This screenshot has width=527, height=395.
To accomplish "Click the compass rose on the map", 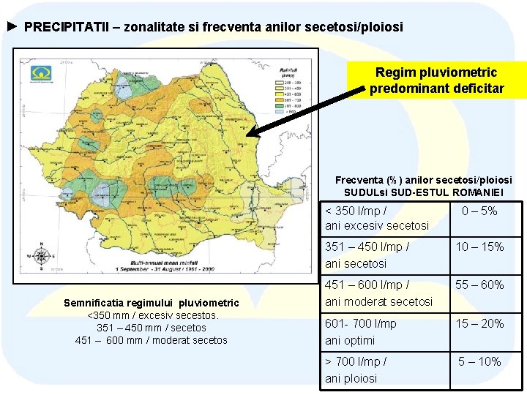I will click(42, 255).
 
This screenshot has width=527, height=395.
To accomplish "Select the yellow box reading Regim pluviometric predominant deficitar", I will click(436, 80).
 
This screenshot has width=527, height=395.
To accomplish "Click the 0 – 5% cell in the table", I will click(479, 211).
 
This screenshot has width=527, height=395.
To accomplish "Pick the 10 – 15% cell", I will click(479, 247).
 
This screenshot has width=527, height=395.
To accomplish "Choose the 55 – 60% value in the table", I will click(479, 285).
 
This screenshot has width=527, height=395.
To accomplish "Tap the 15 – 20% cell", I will click(479, 323).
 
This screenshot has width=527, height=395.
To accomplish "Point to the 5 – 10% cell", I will click(479, 361).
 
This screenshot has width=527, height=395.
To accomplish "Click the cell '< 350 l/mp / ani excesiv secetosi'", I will click(377, 218).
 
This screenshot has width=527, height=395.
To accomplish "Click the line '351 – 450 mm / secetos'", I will click(152, 328).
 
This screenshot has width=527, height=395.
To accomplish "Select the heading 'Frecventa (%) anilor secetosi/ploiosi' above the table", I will click(423, 180).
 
